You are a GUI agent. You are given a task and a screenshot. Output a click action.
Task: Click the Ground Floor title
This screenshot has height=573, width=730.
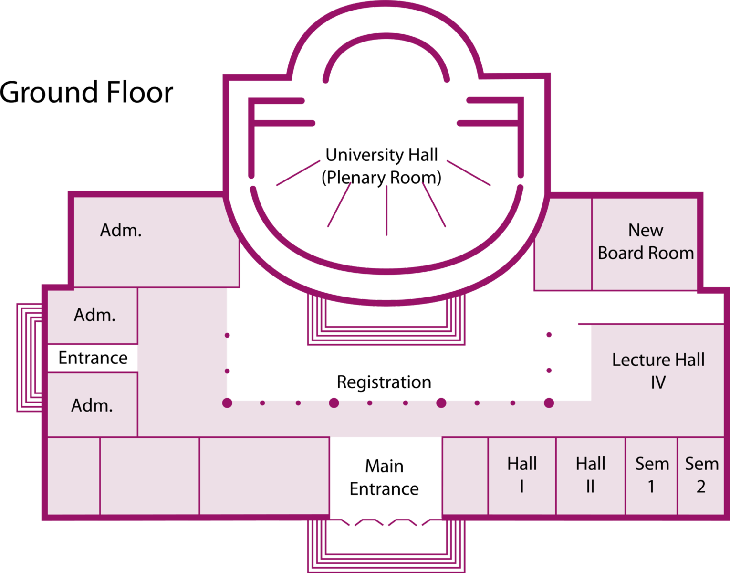(x=87, y=93)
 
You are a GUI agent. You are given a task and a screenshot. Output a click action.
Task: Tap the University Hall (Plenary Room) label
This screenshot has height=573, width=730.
(x=382, y=166)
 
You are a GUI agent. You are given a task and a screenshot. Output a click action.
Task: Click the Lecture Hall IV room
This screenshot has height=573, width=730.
(x=658, y=371)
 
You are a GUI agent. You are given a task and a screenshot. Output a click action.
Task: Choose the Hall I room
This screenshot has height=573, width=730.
(x=522, y=475)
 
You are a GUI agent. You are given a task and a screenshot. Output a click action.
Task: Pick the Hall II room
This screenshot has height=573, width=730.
(x=591, y=475)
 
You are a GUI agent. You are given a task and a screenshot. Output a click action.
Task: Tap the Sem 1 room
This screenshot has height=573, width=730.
(x=651, y=475)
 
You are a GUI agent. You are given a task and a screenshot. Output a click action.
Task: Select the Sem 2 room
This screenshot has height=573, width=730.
(x=701, y=475)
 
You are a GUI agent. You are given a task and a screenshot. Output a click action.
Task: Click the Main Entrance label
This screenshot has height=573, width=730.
(x=385, y=477)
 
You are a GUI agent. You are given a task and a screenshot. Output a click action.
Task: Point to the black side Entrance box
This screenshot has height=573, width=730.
(x=93, y=358)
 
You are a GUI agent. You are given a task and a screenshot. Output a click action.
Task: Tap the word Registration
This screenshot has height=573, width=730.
(x=384, y=382)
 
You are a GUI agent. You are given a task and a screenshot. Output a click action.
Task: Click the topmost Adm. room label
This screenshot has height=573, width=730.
(x=121, y=231)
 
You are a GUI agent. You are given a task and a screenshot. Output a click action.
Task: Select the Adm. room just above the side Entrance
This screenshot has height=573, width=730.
(x=94, y=315)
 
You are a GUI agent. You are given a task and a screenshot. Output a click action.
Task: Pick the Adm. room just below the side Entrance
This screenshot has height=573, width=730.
(x=92, y=405)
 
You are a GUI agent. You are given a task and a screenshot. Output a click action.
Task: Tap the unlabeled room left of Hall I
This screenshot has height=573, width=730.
(x=465, y=476)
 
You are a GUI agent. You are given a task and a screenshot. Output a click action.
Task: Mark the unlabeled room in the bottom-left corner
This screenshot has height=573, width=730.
(x=73, y=476)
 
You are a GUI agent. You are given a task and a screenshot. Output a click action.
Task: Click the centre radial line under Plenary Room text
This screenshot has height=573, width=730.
(x=386, y=210)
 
